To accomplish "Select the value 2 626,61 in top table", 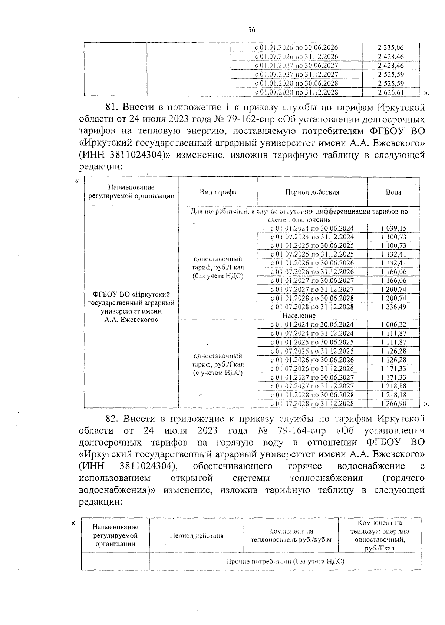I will pyautogui.click(x=390, y=92).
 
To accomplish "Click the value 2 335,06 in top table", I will pyautogui.click(x=390, y=47).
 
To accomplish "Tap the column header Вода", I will pyautogui.click(x=393, y=192).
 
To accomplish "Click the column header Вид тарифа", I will pyautogui.click(x=218, y=192).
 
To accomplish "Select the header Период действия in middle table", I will pyautogui.click(x=312, y=192).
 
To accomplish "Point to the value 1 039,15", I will pyautogui.click(x=393, y=228).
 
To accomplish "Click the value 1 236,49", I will pyautogui.click(x=393, y=307).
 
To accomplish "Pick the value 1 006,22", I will pyautogui.click(x=393, y=325).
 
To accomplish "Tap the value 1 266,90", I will pyautogui.click(x=393, y=404).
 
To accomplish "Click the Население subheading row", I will pyautogui.click(x=299, y=316).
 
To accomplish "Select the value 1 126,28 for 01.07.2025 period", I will pyautogui.click(x=393, y=351).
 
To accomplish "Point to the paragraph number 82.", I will pyautogui.click(x=112, y=419).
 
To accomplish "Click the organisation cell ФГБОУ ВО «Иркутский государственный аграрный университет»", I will pyautogui.click(x=131, y=307).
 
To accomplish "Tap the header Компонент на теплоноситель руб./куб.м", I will pyautogui.click(x=291, y=535).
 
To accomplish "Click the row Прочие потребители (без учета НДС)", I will pyautogui.click(x=285, y=561).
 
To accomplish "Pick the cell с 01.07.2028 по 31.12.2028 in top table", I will pyautogui.click(x=296, y=92).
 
